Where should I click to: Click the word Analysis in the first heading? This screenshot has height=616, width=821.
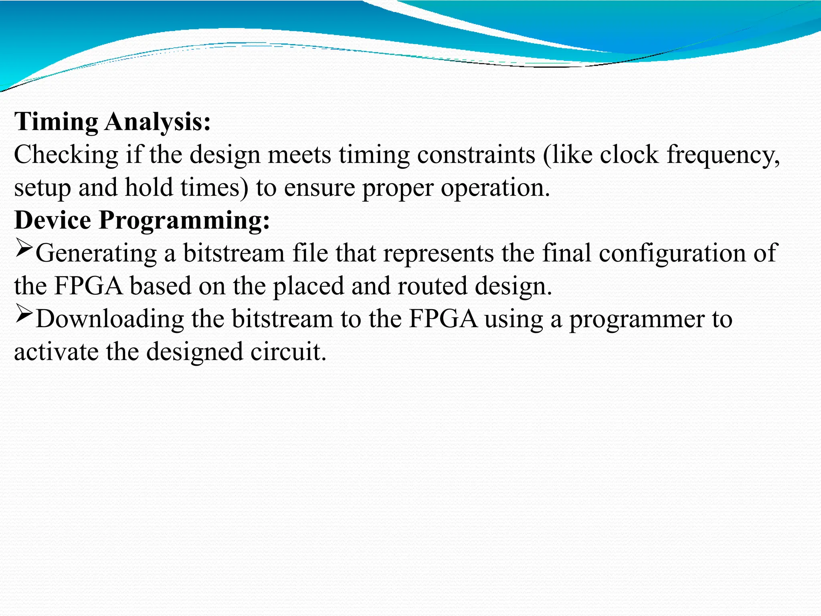[x=158, y=122]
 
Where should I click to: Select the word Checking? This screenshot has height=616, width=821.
[x=66, y=155]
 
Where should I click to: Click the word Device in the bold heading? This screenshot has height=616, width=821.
[x=53, y=220]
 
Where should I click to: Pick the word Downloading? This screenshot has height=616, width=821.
[x=109, y=319]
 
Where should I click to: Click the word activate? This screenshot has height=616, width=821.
[x=56, y=352]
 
